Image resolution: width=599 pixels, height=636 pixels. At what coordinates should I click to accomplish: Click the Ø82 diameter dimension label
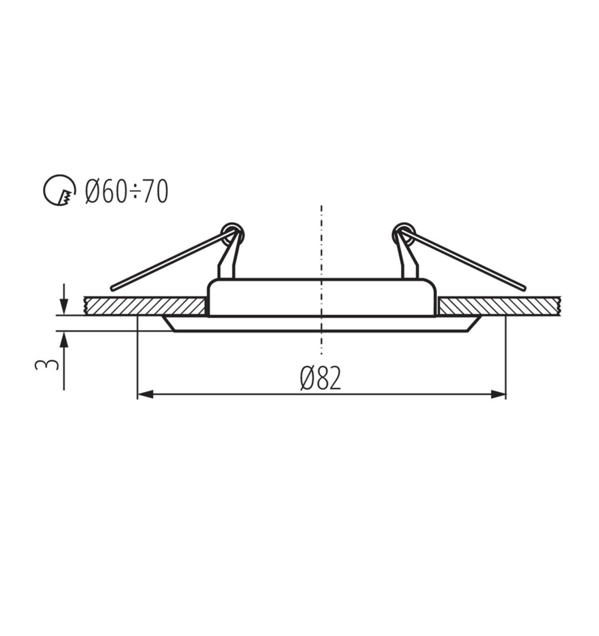point(321,378)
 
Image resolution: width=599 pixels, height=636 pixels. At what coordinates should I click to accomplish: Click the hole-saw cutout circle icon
point(60,190)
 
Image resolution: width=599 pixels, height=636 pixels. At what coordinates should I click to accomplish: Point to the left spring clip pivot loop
point(233,234)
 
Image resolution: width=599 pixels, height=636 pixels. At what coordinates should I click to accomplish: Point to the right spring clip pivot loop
point(404,234)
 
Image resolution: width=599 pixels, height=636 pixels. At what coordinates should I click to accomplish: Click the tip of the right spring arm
point(524,288)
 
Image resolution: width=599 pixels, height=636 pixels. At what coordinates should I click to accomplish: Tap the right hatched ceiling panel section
point(500,306)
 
